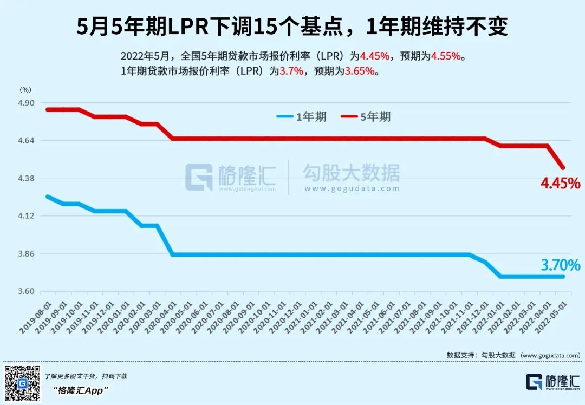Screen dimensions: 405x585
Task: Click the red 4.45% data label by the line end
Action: pyautogui.click(x=560, y=184)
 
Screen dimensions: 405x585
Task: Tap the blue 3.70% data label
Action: pyautogui.click(x=560, y=265)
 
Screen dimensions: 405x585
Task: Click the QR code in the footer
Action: pyautogui.click(x=22, y=383)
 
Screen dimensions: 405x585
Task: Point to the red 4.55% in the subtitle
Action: pyautogui.click(x=446, y=56)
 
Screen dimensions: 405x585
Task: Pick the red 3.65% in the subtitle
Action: pyautogui.click(x=360, y=71)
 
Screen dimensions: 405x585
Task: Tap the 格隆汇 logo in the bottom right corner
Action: pyautogui.click(x=552, y=382)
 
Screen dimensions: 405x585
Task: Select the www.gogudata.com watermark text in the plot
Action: pyautogui.click(x=352, y=189)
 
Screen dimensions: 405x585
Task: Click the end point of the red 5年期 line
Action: pyautogui.click(x=563, y=167)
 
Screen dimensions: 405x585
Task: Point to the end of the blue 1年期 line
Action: pyautogui.click(x=563, y=276)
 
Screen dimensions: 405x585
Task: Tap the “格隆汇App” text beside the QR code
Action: pyautogui.click(x=81, y=390)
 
